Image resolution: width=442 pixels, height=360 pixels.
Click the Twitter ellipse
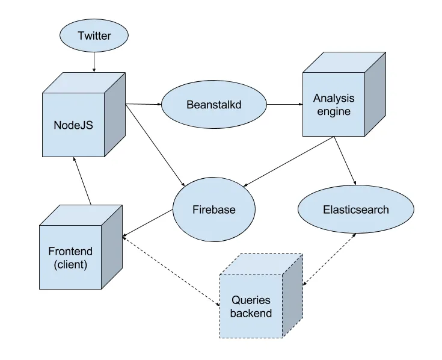[94, 36]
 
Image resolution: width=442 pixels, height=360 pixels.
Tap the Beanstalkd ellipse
[213, 105]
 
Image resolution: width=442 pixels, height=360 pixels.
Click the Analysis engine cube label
[334, 104]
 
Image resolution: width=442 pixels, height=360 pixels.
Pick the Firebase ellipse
[213, 209]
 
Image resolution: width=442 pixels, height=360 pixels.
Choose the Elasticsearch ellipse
[356, 209]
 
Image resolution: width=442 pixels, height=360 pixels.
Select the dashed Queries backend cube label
[251, 306]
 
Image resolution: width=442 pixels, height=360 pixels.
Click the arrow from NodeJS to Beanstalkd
[143, 104]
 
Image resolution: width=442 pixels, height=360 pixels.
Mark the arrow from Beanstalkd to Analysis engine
[284, 105]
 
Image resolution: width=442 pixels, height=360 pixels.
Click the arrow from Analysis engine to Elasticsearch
[345, 160]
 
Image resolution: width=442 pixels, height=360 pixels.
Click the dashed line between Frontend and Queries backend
[171, 270]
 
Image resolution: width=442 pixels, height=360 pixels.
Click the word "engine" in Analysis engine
[334, 111]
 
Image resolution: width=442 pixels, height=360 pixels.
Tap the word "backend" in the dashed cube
[251, 313]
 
